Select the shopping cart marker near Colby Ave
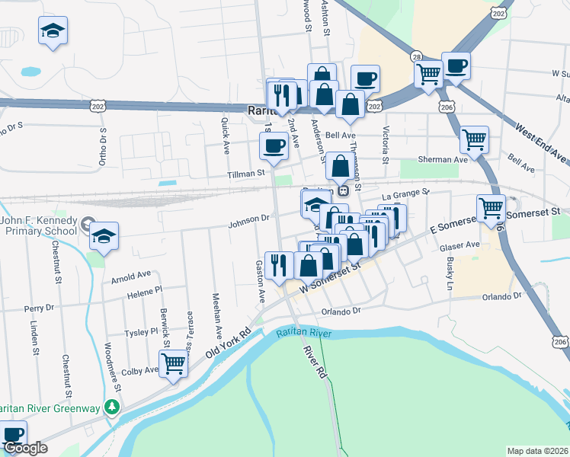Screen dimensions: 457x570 174,364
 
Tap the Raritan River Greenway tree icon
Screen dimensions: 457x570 113,407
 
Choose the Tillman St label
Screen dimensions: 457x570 245,174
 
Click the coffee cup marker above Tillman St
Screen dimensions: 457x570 274,145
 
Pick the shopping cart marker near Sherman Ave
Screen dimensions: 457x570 475,139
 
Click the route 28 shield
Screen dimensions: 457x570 416,57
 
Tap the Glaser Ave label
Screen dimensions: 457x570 460,245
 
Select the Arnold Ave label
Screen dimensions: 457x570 131,275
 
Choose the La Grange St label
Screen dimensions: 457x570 405,195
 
